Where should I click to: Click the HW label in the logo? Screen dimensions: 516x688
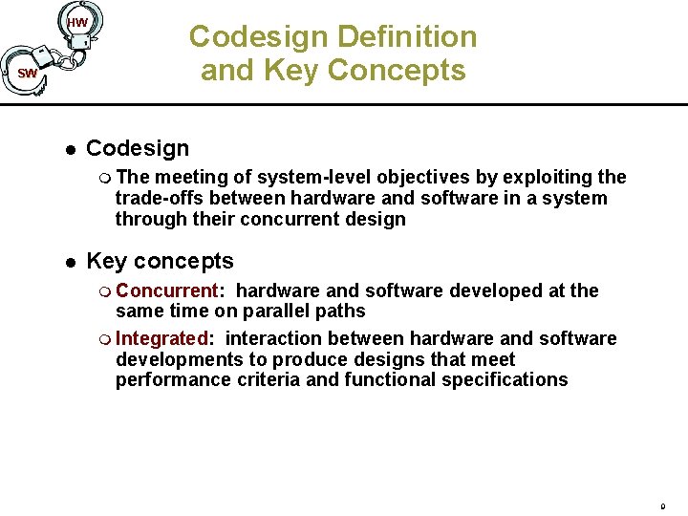(x=77, y=23)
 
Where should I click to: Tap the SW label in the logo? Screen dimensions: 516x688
(x=28, y=74)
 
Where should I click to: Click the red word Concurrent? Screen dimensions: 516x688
(x=167, y=290)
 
